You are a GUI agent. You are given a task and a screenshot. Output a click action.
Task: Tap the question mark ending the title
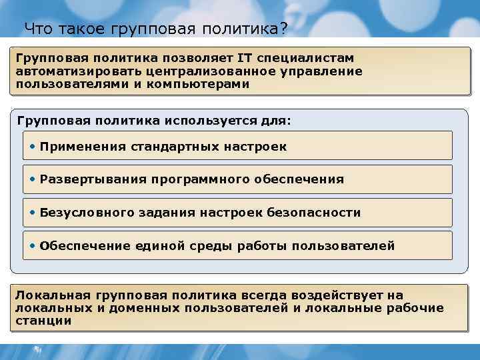tap(283, 29)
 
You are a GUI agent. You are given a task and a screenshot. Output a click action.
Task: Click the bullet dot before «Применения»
tap(33, 146)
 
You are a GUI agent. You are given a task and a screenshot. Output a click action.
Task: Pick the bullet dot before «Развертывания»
tap(33, 179)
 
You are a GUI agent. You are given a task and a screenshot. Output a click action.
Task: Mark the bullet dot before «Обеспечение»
tap(33, 245)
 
